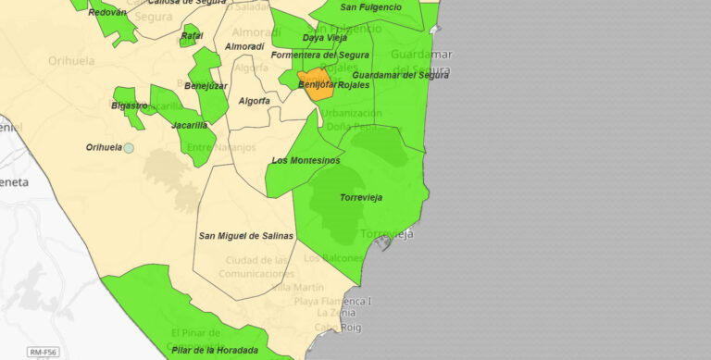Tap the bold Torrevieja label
point(361,198)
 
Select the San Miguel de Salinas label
point(246,236)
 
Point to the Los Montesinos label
point(306,161)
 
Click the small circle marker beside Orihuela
point(129,148)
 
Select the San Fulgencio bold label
point(370,7)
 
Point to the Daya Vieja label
point(324,38)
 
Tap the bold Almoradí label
point(244,45)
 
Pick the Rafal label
point(192,36)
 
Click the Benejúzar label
point(206,85)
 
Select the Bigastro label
point(129,106)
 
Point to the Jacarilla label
point(190,125)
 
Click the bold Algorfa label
point(255,101)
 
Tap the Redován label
point(106,12)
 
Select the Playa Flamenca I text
point(332,302)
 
